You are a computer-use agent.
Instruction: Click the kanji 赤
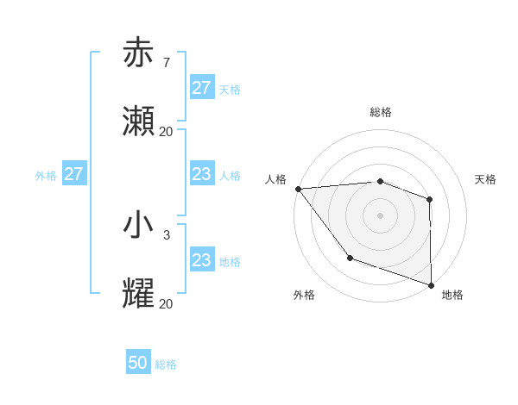(x=138, y=53)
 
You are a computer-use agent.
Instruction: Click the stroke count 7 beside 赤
(x=166, y=62)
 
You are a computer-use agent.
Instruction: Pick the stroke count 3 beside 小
(x=166, y=234)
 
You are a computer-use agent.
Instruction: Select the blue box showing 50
(x=138, y=364)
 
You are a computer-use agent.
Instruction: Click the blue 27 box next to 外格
(x=74, y=174)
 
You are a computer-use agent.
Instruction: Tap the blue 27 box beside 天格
(x=201, y=88)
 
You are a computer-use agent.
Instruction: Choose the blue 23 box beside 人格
(x=201, y=174)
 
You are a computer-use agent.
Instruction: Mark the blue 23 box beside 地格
(x=201, y=260)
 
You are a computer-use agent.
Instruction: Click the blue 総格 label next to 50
(x=166, y=364)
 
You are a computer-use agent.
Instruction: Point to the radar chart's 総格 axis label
(x=381, y=112)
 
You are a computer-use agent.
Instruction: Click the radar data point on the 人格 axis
(x=298, y=189)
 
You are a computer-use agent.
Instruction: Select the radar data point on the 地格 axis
(x=430, y=285)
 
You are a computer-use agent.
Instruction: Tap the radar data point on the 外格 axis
(x=350, y=258)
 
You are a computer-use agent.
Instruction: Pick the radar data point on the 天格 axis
(x=429, y=199)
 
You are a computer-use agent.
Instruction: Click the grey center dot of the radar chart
(x=380, y=215)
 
